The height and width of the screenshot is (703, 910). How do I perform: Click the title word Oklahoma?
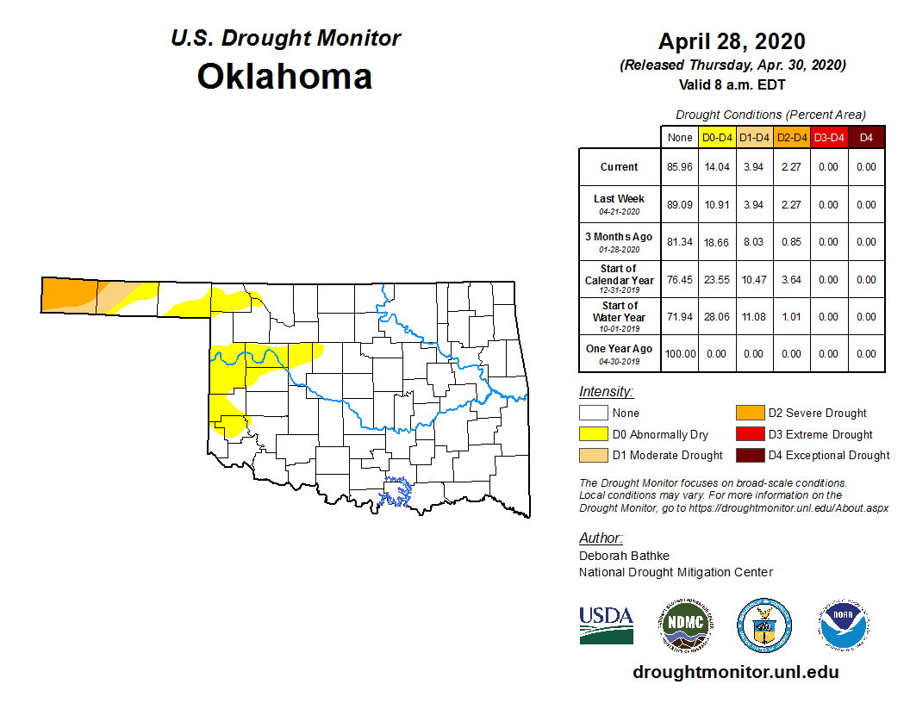(284, 77)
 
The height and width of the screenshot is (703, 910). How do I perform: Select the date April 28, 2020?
(732, 41)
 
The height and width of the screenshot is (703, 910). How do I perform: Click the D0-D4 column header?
(717, 138)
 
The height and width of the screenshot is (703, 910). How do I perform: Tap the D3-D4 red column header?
(828, 138)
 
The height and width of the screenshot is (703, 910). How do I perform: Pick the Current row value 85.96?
(680, 167)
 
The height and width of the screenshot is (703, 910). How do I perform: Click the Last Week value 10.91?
(717, 205)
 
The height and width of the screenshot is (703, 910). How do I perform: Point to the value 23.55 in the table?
(717, 280)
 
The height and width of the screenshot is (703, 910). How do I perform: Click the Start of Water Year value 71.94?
(680, 317)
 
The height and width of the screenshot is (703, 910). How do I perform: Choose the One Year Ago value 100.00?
(680, 354)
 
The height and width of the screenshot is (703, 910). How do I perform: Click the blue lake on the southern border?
(397, 491)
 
